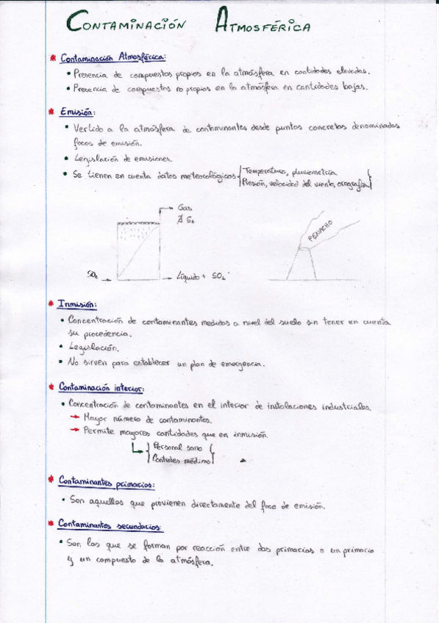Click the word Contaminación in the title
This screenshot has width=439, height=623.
pyautogui.click(x=125, y=25)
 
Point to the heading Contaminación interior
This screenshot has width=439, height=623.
pyautogui.click(x=101, y=388)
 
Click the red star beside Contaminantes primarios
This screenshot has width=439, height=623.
pyautogui.click(x=51, y=482)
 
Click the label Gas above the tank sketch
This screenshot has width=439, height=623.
pyautogui.click(x=185, y=209)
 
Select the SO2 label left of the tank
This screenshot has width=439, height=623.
pyautogui.click(x=93, y=276)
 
